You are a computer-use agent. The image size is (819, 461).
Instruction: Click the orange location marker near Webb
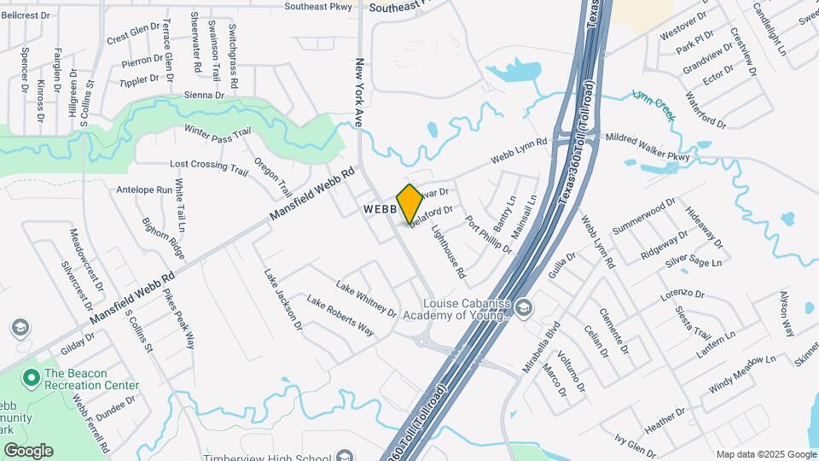click(409, 202)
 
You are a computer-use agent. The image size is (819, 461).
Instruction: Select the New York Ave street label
click(360, 93)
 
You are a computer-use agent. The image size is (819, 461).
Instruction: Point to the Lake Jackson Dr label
click(283, 300)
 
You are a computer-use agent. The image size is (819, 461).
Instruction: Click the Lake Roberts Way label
click(341, 316)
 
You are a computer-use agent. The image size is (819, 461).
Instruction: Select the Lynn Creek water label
click(654, 105)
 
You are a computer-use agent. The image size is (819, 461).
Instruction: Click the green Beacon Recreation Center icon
click(32, 376)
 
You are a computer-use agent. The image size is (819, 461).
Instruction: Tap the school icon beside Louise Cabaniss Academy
click(526, 306)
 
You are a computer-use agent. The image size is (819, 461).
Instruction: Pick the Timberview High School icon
click(345, 456)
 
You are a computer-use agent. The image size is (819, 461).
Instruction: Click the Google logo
click(28, 450)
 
